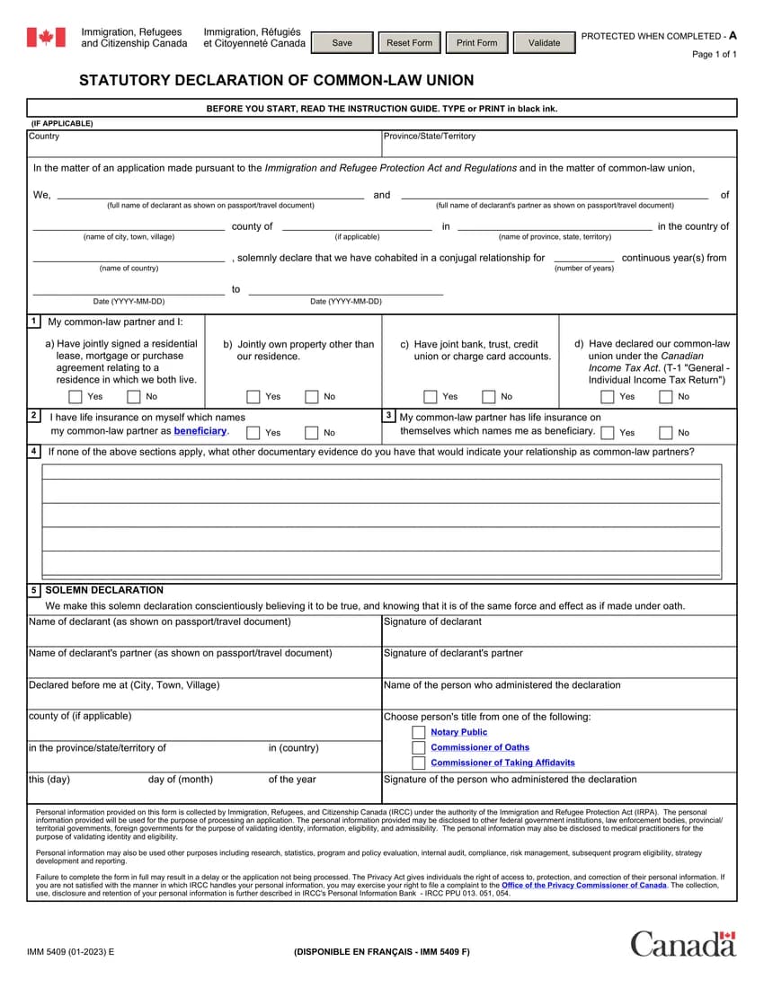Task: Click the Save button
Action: point(342,43)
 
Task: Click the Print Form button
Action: point(476,43)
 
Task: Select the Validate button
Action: point(544,43)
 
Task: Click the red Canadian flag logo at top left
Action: point(46,38)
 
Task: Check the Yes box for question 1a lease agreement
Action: point(76,396)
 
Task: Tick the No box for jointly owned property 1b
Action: point(311,396)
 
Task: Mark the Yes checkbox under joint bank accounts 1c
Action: point(431,396)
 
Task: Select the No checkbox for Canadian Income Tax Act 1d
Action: point(666,396)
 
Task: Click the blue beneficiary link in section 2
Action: point(200,431)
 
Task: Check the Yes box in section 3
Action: point(609,432)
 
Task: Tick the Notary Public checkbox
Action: point(419,732)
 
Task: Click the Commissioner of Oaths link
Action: point(480,747)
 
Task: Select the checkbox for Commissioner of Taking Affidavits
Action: point(419,763)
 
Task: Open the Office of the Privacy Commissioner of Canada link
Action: point(584,885)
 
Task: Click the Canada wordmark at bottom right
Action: point(682,944)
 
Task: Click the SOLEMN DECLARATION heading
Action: point(104,590)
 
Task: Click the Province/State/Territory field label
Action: point(430,137)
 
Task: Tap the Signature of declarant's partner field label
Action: point(453,653)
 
